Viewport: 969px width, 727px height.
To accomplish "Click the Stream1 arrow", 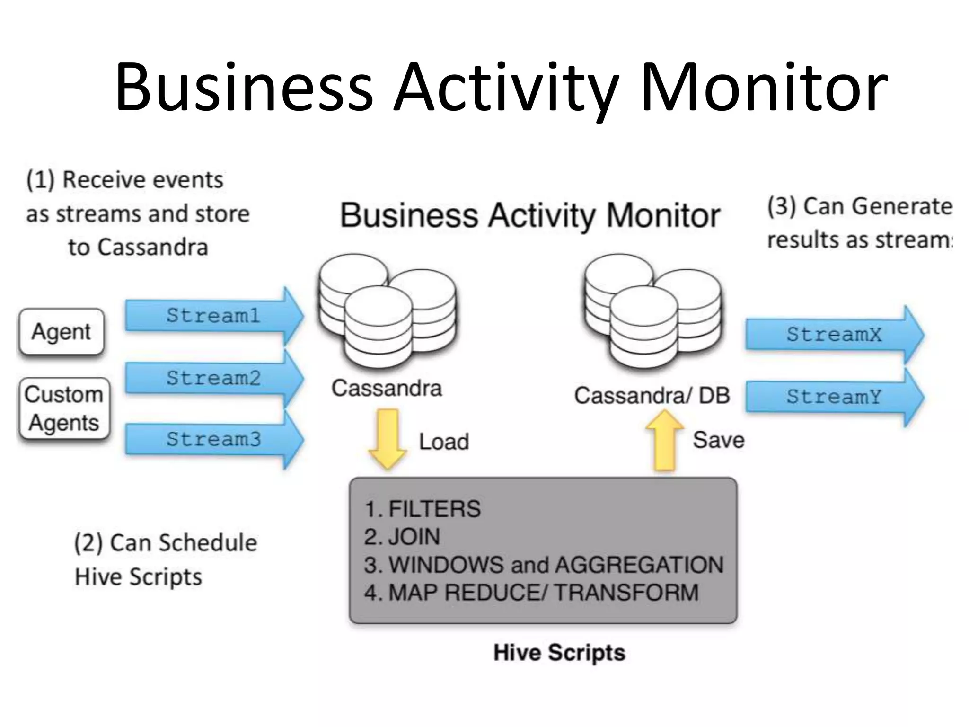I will coord(213,316).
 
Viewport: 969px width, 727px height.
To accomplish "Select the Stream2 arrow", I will coord(213,378).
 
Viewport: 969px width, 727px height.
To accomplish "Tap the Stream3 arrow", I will coord(213,440).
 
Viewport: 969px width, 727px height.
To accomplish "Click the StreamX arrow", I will coord(834,335).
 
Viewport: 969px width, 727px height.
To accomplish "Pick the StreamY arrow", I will coord(834,397).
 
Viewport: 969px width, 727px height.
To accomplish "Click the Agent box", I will coord(62,332).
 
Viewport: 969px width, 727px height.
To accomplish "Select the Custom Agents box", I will coord(64,408).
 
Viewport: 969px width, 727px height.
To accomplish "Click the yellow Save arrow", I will coord(664,440).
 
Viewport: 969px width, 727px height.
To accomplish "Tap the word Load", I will coord(444,442).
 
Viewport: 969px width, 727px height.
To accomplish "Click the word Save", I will coord(718,440).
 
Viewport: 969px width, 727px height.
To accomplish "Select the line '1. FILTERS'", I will coord(422,509).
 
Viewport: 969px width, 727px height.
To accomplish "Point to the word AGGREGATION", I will coord(639,565).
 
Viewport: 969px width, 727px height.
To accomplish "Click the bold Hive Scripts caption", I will coord(559,653).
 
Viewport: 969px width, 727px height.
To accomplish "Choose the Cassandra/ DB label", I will coord(652,396).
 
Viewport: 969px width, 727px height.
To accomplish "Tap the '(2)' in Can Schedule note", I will coord(88,543).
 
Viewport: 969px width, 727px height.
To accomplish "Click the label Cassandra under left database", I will coord(386,389).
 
